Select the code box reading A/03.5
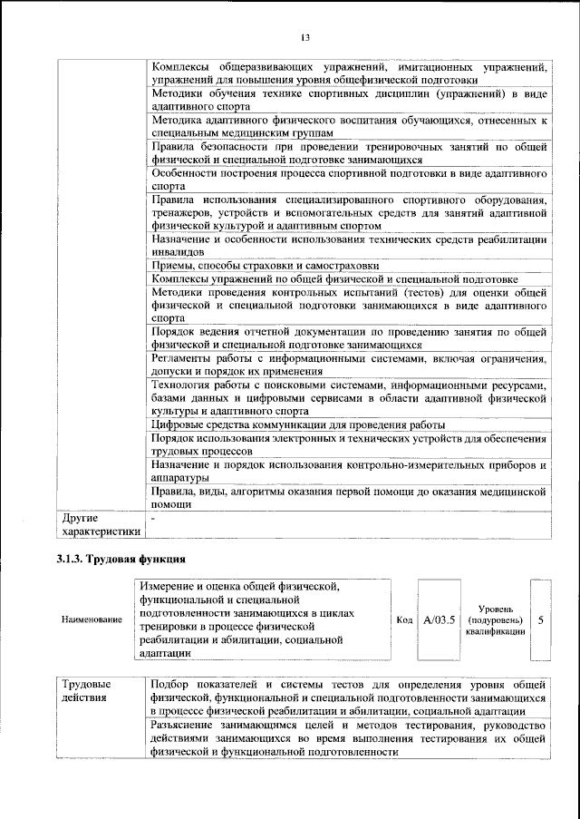(438, 620)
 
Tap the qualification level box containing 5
(541, 620)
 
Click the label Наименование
(92, 620)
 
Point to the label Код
(405, 620)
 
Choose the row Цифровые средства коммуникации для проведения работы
(298, 424)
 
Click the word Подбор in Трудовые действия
(173, 684)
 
